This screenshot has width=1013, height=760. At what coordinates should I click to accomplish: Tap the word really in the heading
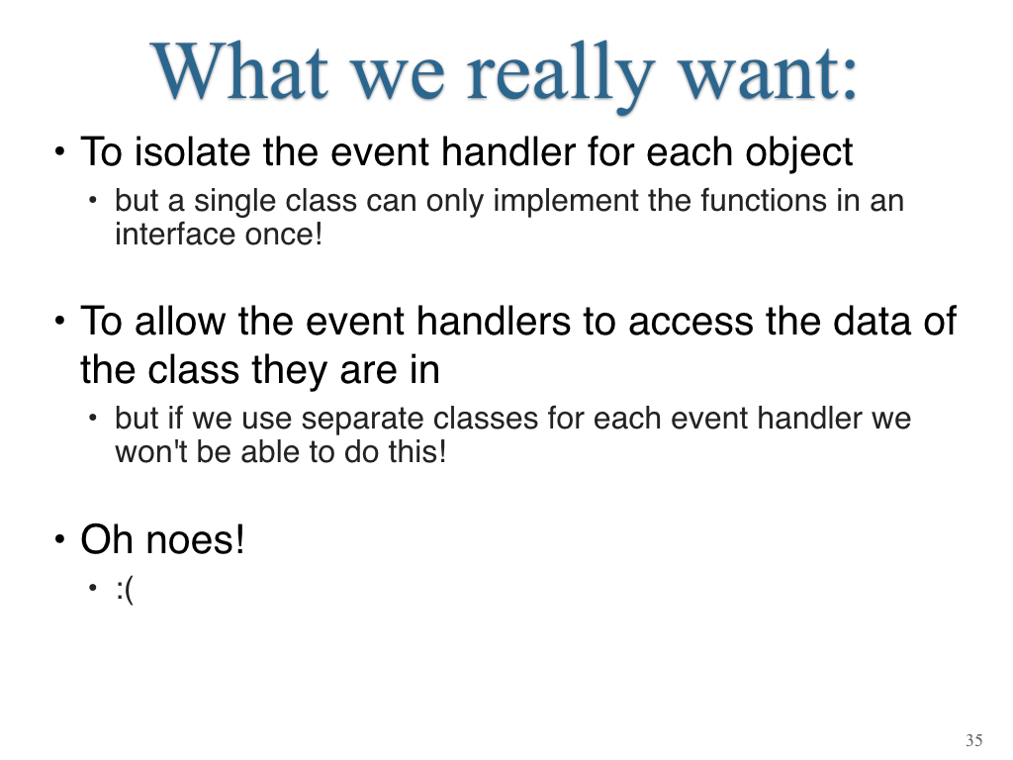tap(560, 76)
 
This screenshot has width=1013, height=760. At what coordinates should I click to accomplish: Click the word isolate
tap(192, 152)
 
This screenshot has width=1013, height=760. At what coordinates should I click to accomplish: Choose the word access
tap(691, 323)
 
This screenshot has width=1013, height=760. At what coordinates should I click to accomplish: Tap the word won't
tap(150, 451)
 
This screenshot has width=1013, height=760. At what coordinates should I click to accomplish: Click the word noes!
tap(195, 539)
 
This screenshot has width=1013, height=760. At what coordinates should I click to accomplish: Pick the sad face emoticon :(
tap(125, 589)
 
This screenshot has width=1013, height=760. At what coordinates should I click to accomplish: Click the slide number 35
tap(974, 740)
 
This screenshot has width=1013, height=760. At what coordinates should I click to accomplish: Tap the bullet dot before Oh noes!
tap(60, 539)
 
